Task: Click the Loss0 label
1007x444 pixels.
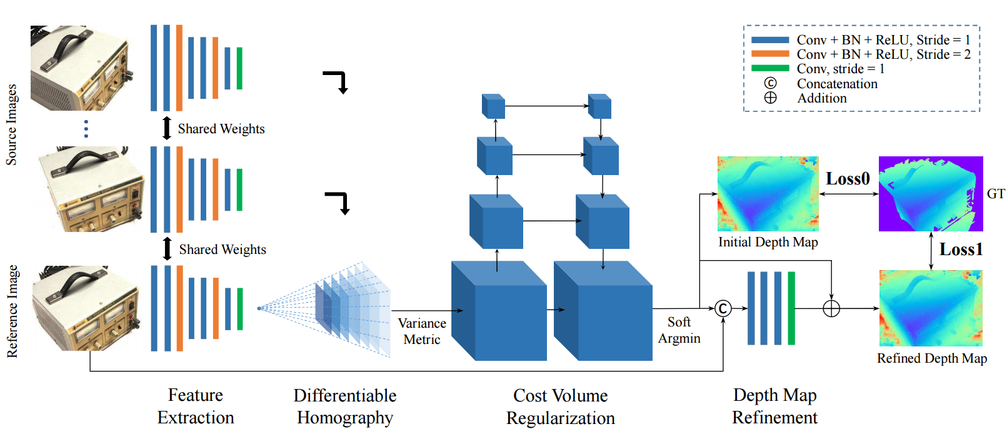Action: click(x=848, y=179)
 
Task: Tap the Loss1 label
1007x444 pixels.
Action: click(x=961, y=250)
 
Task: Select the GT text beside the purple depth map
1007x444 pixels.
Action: click(x=996, y=194)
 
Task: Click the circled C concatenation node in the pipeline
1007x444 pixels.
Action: click(x=723, y=308)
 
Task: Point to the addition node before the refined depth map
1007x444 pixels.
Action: click(x=831, y=308)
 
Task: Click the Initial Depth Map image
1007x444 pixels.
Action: click(x=768, y=194)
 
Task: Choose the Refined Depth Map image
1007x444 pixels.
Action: click(x=931, y=308)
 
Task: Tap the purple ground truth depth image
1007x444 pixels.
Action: click(x=930, y=194)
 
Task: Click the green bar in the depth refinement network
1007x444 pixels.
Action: click(x=791, y=308)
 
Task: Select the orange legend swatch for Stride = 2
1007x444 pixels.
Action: click(x=770, y=54)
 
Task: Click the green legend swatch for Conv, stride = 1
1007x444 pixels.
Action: click(x=770, y=69)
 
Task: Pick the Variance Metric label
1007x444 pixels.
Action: click(x=422, y=331)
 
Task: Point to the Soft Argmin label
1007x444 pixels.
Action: click(x=679, y=330)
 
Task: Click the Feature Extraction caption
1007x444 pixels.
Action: click(x=196, y=406)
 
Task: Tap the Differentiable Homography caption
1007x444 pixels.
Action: click(x=345, y=406)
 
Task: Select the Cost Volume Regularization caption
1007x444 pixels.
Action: click(x=561, y=406)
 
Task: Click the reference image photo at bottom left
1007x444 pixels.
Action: click(x=86, y=308)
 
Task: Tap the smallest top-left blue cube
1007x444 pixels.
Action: click(x=493, y=106)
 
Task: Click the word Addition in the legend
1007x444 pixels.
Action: click(x=822, y=98)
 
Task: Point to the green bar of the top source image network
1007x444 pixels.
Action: click(x=239, y=68)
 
